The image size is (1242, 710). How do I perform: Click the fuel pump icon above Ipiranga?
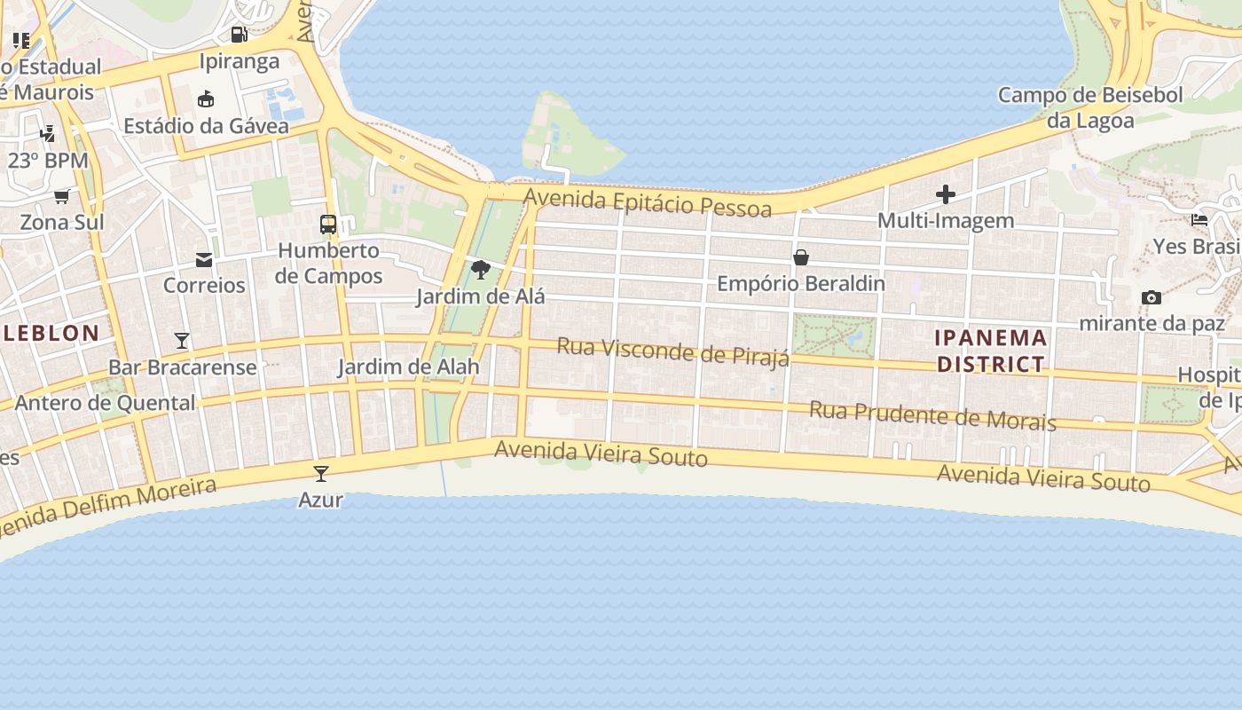(x=239, y=35)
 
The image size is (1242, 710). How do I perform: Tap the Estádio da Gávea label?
(x=206, y=126)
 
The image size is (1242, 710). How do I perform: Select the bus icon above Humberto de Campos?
(x=328, y=225)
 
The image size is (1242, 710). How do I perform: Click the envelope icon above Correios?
(x=204, y=260)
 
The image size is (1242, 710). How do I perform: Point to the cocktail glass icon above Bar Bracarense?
(x=182, y=340)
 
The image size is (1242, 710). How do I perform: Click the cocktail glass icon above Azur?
(x=321, y=474)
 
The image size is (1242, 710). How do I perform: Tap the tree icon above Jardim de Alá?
(x=481, y=270)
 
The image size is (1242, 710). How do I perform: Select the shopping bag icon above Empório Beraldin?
(x=801, y=257)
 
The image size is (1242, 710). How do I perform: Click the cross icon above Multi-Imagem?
(x=946, y=194)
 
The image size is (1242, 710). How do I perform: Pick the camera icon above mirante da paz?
(x=1152, y=297)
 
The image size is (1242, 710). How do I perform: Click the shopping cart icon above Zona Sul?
(x=62, y=196)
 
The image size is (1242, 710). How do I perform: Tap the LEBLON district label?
(x=51, y=334)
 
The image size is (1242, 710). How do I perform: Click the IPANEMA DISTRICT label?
(x=991, y=351)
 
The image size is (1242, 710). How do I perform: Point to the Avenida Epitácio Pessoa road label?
(x=648, y=201)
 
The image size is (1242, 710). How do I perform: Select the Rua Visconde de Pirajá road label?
(x=672, y=351)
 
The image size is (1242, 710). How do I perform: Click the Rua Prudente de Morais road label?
(x=932, y=415)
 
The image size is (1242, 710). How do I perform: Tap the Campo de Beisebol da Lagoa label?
(x=1090, y=107)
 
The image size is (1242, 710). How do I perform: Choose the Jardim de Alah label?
(x=408, y=367)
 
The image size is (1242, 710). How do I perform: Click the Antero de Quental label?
(x=105, y=403)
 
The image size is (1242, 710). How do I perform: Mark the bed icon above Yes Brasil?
(x=1199, y=220)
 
